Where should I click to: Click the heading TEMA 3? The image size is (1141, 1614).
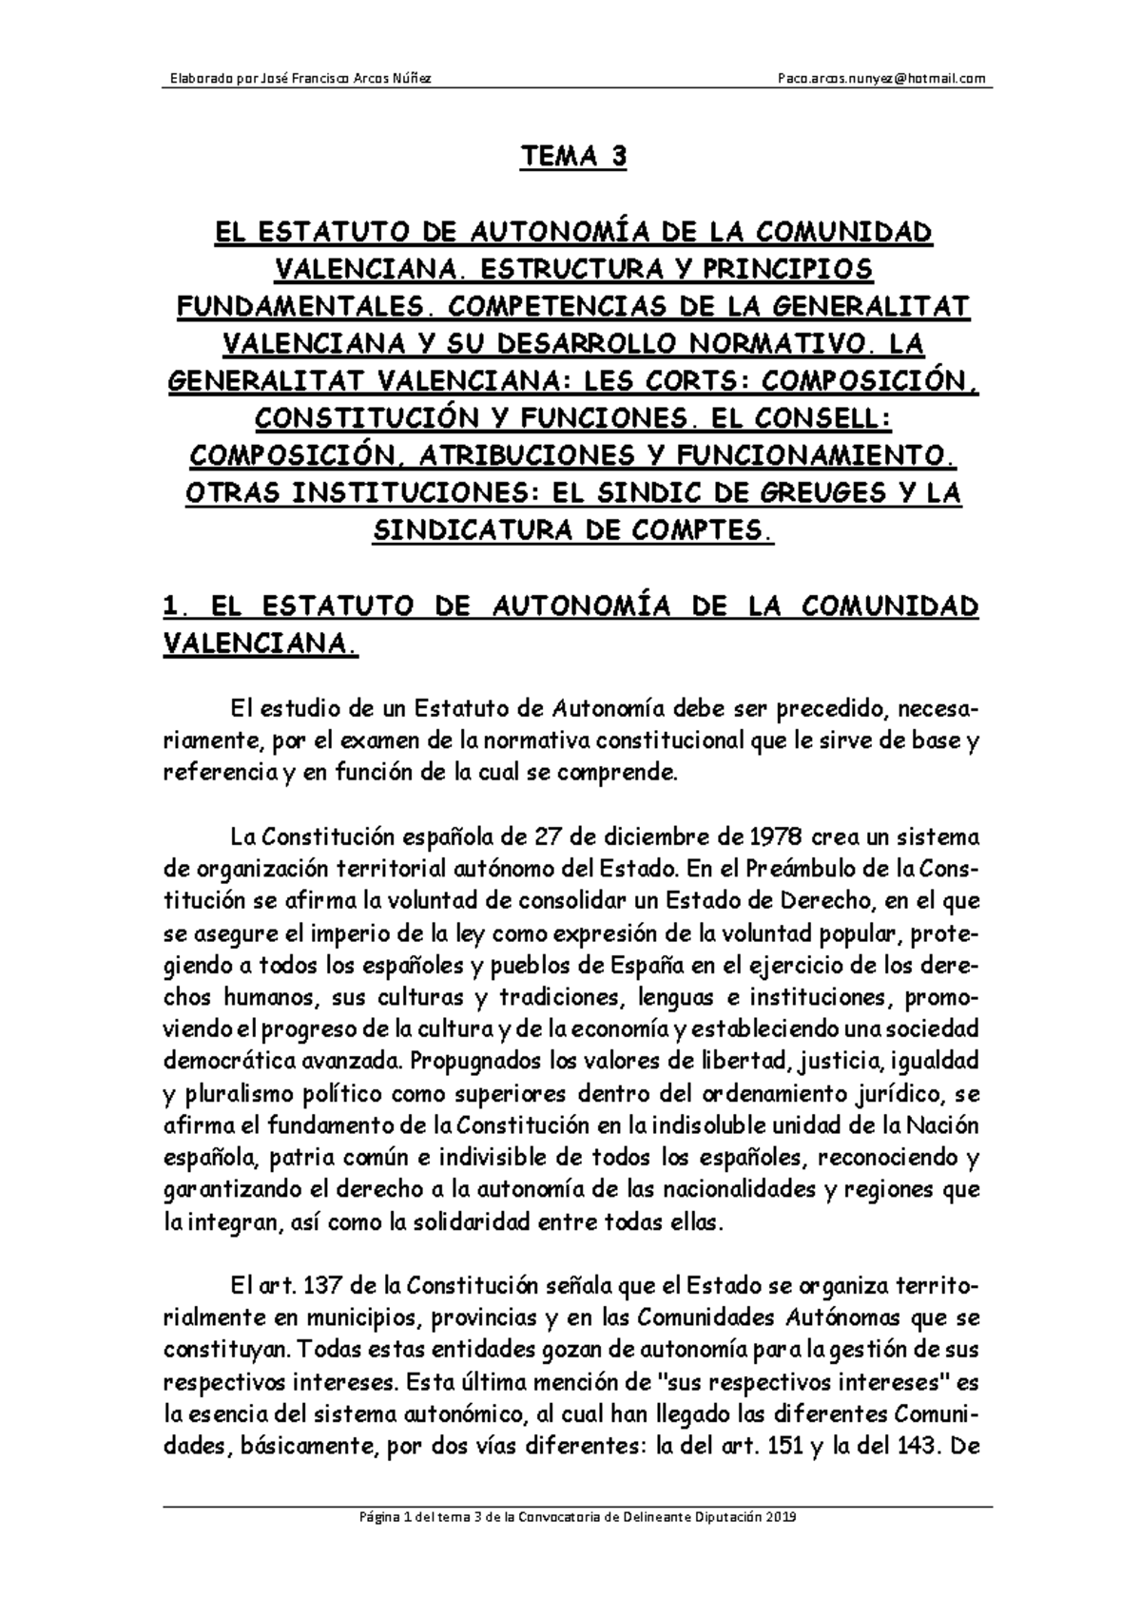(572, 157)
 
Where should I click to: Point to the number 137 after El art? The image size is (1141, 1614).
(322, 1287)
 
